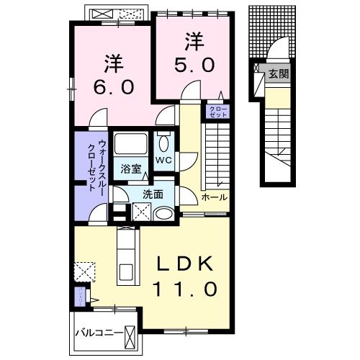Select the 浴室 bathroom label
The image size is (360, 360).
[130, 170]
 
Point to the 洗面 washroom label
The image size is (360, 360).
[152, 194]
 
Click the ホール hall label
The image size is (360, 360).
[214, 197]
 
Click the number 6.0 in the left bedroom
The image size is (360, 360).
[112, 87]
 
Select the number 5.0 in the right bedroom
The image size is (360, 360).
[193, 64]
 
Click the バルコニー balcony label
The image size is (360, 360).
[99, 333]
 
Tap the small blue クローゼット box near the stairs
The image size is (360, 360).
[217, 111]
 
